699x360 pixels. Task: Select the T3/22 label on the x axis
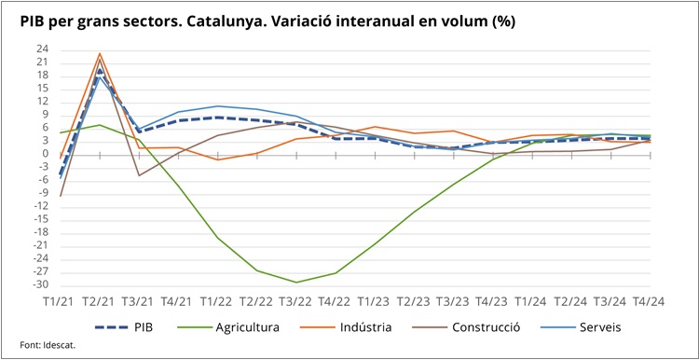[296, 303]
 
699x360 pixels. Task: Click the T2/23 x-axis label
[414, 303]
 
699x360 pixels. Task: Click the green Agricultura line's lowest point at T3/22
[296, 283]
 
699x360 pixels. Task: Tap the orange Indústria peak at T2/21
[100, 54]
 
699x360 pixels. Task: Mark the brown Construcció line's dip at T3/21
[139, 175]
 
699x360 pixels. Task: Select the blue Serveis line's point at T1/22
[217, 105]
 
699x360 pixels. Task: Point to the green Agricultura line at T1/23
[375, 244]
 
